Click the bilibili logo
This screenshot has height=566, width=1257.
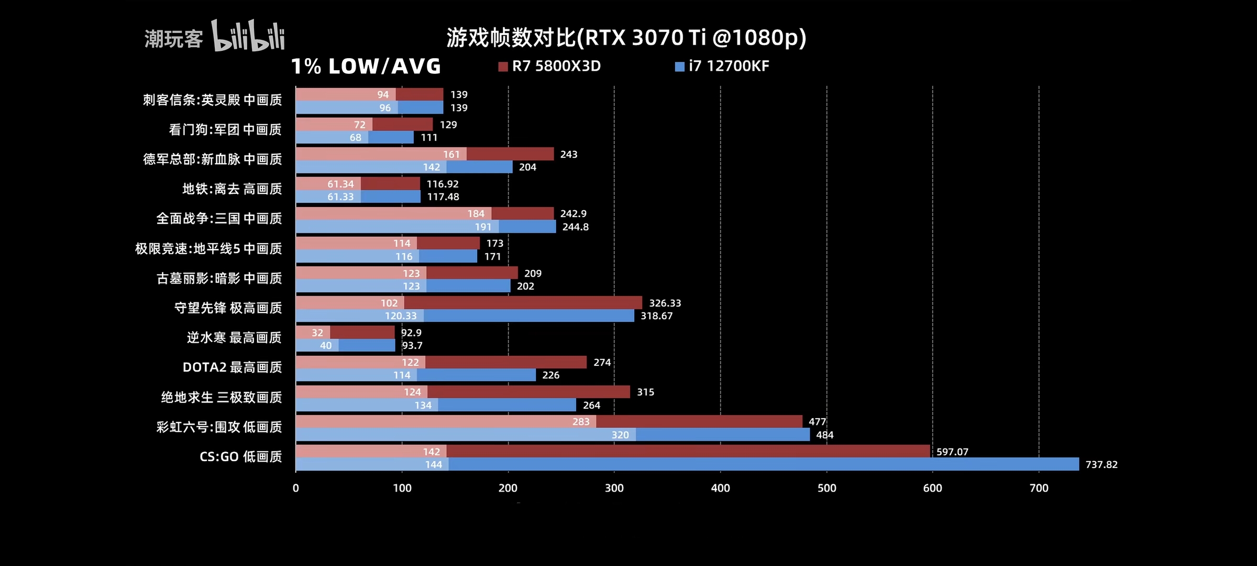point(248,36)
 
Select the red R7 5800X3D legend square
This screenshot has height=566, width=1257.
point(503,67)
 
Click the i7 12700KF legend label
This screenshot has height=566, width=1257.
point(729,66)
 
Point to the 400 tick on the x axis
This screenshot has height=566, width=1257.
point(720,488)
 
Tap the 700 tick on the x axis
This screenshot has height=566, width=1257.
point(1039,488)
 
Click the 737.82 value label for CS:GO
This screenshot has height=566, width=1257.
point(1101,464)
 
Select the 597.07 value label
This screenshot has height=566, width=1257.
point(952,452)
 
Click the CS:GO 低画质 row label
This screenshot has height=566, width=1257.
point(240,456)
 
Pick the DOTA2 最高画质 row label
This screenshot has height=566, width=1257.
point(232,367)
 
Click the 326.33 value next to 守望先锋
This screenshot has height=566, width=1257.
point(665,303)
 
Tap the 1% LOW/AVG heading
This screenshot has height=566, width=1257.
point(366,66)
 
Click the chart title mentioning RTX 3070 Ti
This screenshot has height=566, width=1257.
point(626,37)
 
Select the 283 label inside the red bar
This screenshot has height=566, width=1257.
point(580,422)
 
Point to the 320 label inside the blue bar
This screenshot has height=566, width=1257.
point(620,435)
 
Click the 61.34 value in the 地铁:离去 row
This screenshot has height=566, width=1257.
point(340,184)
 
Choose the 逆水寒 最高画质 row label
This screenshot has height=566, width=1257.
point(234,338)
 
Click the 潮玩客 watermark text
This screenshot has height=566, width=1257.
point(173,39)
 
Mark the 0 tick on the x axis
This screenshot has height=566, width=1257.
point(296,488)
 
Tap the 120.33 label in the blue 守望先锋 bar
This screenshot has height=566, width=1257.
point(401,316)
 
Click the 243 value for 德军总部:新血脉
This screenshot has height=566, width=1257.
point(568,155)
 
